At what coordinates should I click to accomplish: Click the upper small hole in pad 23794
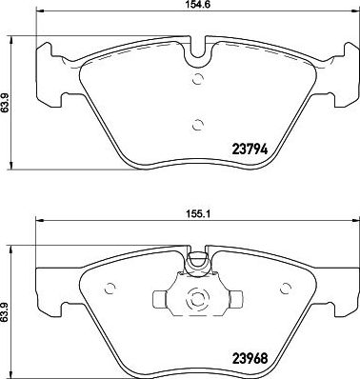point(197,79)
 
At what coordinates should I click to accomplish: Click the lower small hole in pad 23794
point(198,123)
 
